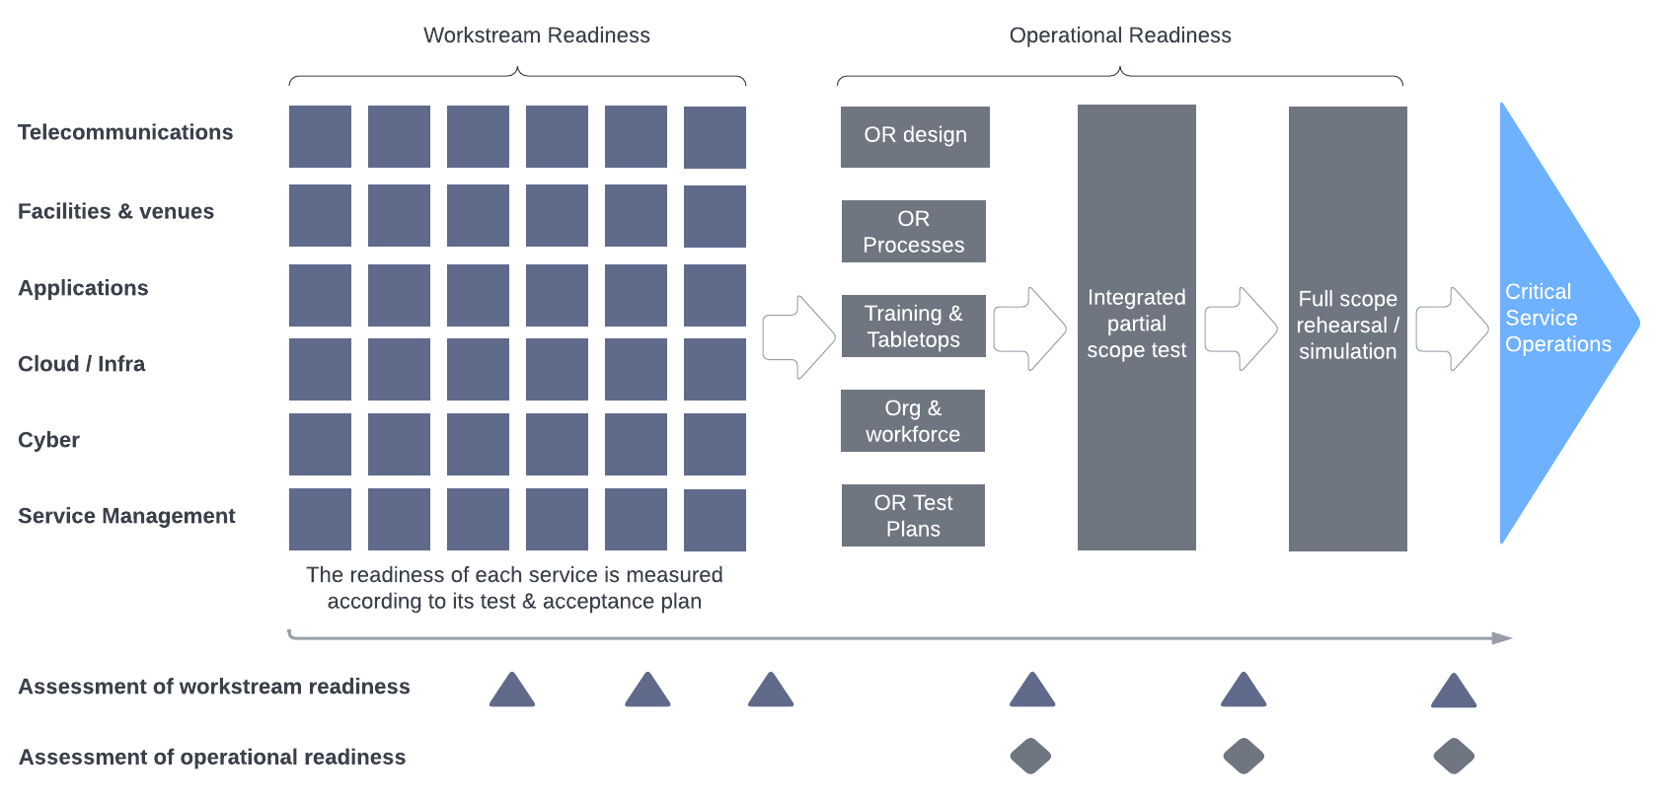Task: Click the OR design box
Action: [915, 136]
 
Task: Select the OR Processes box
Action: [913, 232]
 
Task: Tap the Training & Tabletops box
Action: [913, 327]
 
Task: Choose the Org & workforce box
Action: [913, 421]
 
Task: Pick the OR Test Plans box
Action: [913, 516]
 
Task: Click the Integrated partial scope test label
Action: [1136, 324]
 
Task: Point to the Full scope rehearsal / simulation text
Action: [1347, 326]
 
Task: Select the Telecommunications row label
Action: [125, 132]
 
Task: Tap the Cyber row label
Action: [48, 440]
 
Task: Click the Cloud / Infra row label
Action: [81, 364]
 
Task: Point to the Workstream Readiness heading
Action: [536, 36]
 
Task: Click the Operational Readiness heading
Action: [1119, 36]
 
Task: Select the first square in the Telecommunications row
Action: [320, 136]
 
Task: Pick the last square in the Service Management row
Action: [715, 520]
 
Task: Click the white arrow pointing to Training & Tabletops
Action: [797, 337]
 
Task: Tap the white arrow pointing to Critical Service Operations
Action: [1451, 329]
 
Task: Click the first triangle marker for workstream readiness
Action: [511, 692]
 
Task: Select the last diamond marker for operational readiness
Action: [1453, 757]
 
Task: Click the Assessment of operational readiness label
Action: [212, 757]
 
